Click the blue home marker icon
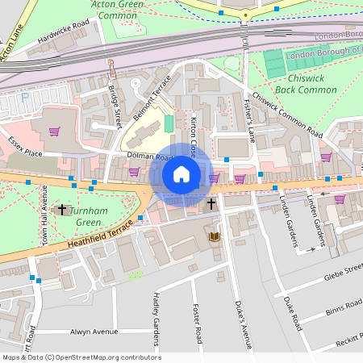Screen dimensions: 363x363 coord(181,173)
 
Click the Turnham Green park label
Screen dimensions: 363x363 coord(84,216)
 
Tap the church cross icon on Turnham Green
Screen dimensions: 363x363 coord(62,210)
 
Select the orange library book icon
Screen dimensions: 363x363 coord(214,236)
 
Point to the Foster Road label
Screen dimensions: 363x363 coord(197,323)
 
